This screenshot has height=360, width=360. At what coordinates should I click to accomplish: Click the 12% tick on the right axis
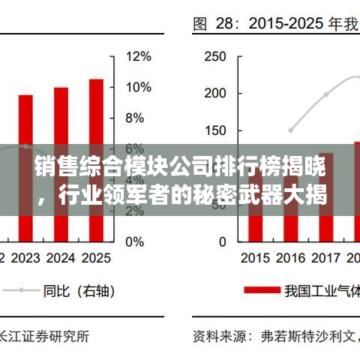coord(139,56)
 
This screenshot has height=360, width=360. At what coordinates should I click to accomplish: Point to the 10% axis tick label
coord(139,87)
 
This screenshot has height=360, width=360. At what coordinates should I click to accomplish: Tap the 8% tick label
coord(135,118)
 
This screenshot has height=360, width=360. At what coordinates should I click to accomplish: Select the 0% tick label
coord(135,241)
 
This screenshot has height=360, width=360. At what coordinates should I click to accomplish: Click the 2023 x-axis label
coord(26,259)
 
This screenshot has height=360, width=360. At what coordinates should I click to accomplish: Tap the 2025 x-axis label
coord(95,259)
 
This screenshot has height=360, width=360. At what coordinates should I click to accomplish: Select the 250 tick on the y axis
coord(215,56)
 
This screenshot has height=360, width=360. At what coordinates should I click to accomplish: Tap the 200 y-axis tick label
coord(215,93)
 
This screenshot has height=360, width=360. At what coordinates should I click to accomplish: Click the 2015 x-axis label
coord(256,259)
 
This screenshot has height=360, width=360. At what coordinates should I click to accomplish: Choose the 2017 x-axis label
coord(325,259)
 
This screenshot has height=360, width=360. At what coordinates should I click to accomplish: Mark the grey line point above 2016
coord(291,130)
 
